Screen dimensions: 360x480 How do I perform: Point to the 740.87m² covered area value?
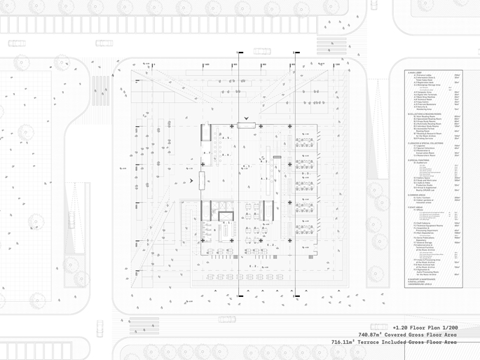374,335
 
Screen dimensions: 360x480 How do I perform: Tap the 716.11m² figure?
348,342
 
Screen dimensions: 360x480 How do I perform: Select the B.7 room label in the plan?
206,152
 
